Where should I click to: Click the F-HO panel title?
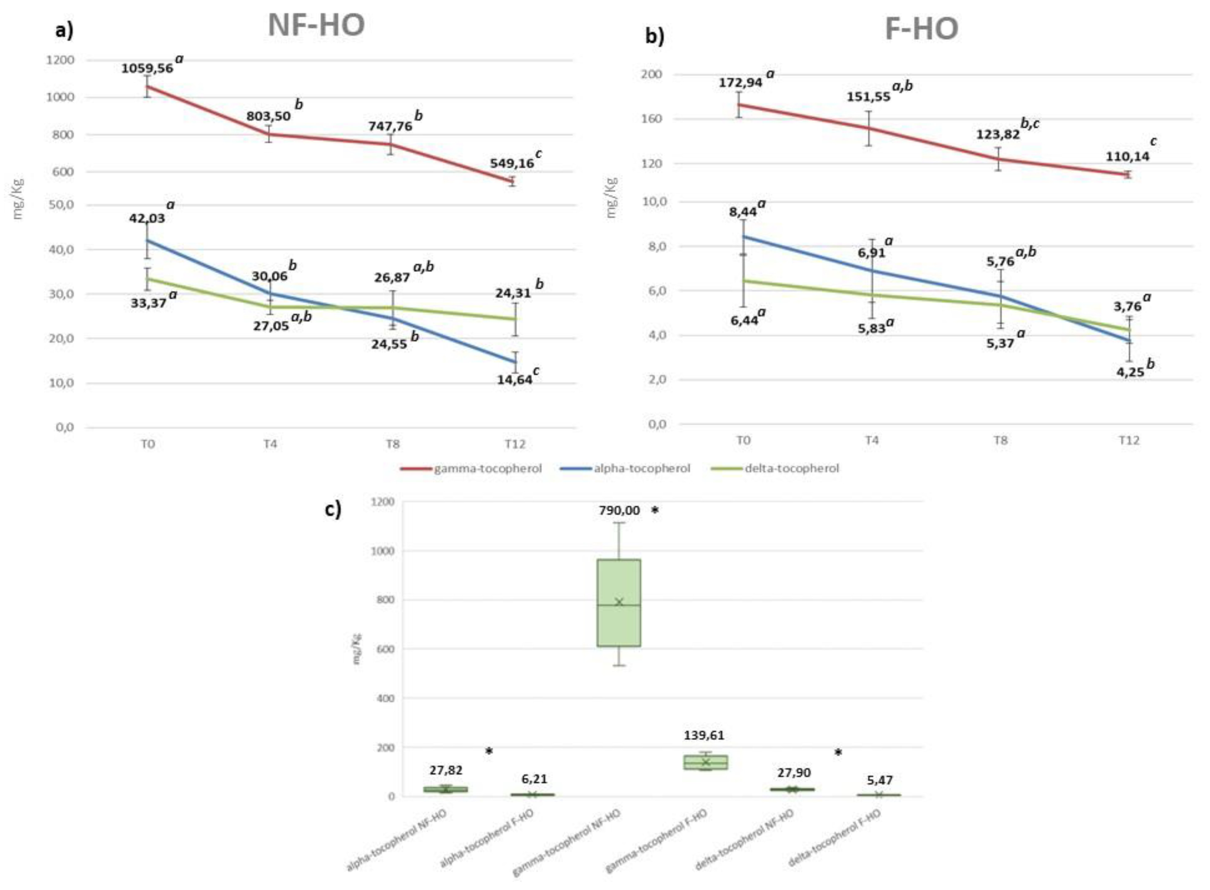click(x=921, y=29)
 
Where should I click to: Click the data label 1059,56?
click(x=147, y=68)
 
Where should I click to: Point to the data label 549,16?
click(x=512, y=163)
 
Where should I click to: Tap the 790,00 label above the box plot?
click(x=619, y=510)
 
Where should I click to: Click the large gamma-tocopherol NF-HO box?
click(x=619, y=602)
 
